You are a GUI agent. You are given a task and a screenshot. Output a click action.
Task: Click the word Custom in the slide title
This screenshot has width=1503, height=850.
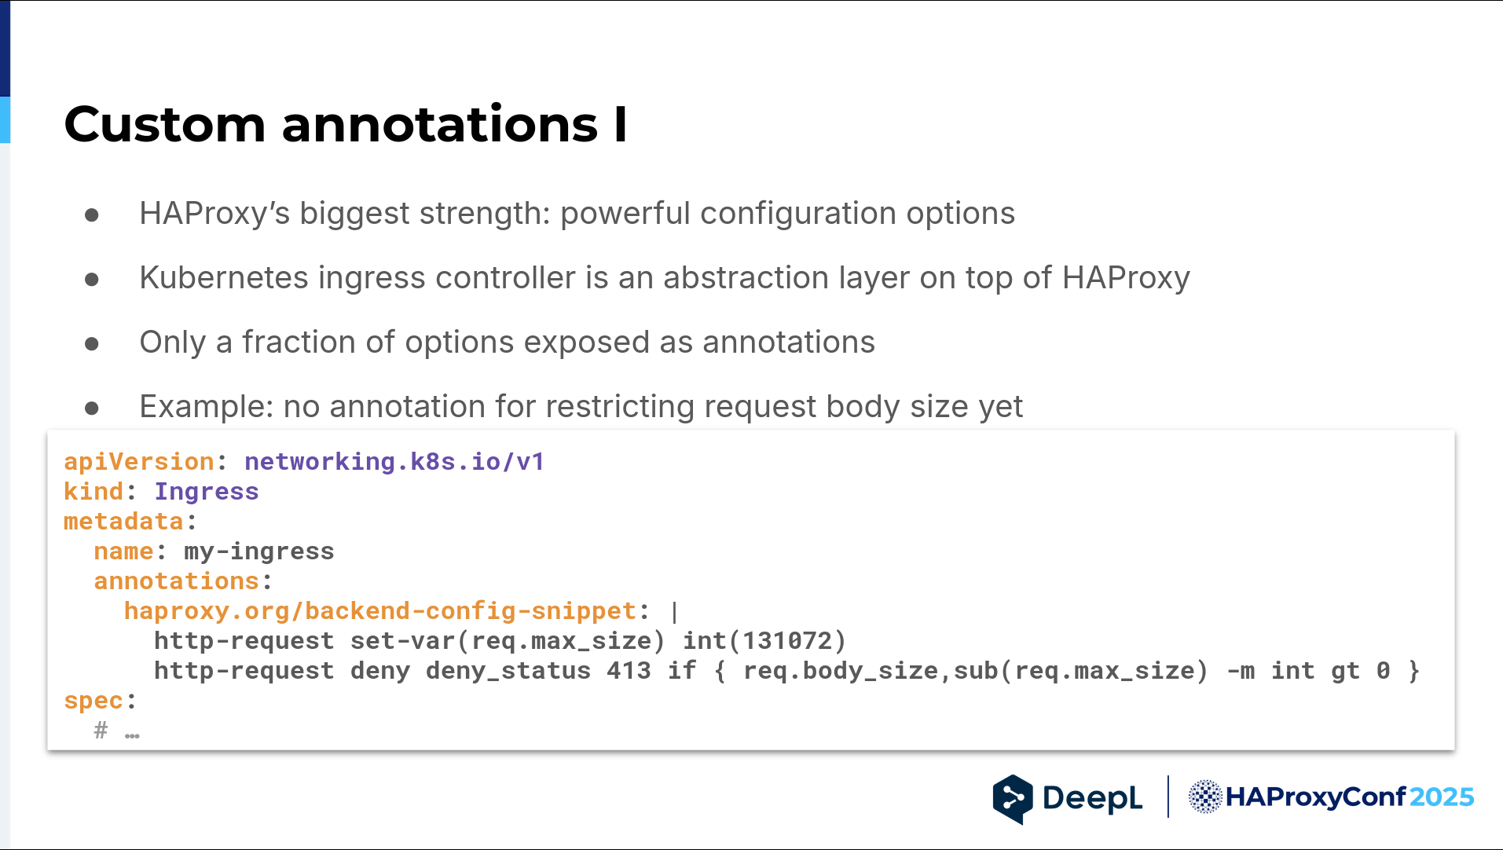[165, 124]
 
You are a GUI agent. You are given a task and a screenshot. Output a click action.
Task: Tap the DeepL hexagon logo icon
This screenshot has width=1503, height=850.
[1013, 799]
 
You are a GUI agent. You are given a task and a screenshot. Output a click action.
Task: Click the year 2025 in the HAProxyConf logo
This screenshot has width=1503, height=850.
[1441, 797]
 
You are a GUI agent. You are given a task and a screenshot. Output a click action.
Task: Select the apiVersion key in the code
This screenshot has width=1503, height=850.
[139, 462]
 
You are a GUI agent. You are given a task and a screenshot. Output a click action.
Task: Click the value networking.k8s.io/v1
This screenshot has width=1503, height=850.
[394, 461]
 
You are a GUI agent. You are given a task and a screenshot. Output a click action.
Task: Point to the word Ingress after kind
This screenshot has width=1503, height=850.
[207, 491]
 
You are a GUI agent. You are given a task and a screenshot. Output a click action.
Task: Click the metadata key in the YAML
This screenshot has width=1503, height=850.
[123, 521]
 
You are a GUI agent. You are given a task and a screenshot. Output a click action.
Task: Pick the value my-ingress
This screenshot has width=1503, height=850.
[259, 551]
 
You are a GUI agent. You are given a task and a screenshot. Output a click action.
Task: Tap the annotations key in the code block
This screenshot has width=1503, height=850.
[177, 581]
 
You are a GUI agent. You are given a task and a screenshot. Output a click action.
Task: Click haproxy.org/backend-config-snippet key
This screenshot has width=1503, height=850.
[380, 611]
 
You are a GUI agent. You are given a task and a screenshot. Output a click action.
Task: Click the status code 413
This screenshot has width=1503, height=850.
[629, 671]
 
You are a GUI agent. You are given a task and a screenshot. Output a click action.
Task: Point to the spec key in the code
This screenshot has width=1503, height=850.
[93, 701]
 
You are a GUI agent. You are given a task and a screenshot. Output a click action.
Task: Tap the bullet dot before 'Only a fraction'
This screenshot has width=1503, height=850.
[92, 344]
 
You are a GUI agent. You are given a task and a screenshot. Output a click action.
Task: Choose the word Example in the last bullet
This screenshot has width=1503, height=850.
[207, 407]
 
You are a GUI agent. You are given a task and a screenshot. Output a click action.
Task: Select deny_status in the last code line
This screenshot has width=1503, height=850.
[508, 672]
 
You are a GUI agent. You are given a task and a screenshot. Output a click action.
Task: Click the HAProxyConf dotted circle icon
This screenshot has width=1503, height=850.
[1205, 797]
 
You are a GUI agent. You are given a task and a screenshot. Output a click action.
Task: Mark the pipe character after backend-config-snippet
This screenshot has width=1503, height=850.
[674, 611]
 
